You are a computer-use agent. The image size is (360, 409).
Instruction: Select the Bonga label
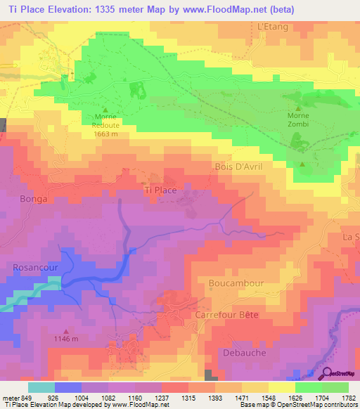point(34,199)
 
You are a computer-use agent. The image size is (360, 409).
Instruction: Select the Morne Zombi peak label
point(298,119)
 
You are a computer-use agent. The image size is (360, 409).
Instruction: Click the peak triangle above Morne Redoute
point(105,110)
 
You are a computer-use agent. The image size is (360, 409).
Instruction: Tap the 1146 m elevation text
point(66,339)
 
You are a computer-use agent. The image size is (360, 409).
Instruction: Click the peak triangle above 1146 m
point(66,331)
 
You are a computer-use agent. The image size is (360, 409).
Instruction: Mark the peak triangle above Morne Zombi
point(298,108)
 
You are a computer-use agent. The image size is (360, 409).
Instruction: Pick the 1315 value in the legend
point(188,398)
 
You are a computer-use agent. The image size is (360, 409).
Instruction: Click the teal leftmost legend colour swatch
point(41,387)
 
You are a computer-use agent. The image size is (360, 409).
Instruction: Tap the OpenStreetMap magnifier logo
point(327,374)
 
